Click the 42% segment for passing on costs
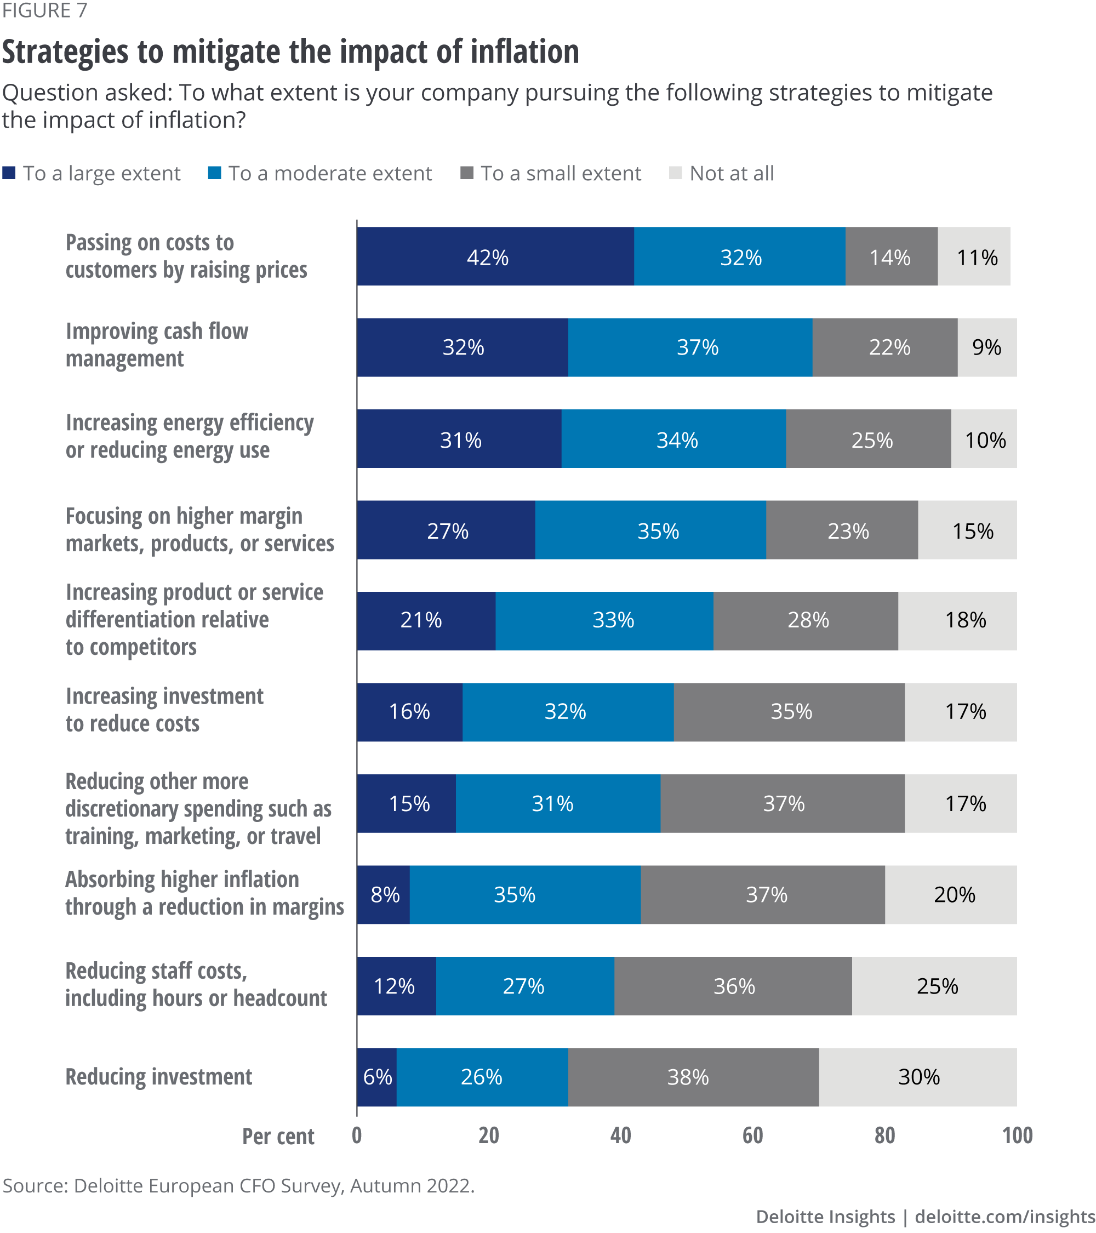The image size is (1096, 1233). click(495, 256)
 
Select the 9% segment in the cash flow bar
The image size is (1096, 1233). click(987, 347)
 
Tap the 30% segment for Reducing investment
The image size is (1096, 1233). click(917, 1077)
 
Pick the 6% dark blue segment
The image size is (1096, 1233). click(377, 1077)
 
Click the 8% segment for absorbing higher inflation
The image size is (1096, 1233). click(384, 894)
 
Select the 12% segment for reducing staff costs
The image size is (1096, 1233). click(396, 986)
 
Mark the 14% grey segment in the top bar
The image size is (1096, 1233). click(891, 256)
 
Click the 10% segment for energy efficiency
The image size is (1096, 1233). click(984, 439)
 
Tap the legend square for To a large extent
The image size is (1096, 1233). click(9, 173)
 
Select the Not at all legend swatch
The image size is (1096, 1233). click(676, 173)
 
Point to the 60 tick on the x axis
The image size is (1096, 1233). click(752, 1136)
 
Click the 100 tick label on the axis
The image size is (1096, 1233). click(1017, 1136)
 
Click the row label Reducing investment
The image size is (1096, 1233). click(158, 1077)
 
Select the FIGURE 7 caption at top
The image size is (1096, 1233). click(44, 10)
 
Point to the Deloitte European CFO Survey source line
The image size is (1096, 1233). click(238, 1186)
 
